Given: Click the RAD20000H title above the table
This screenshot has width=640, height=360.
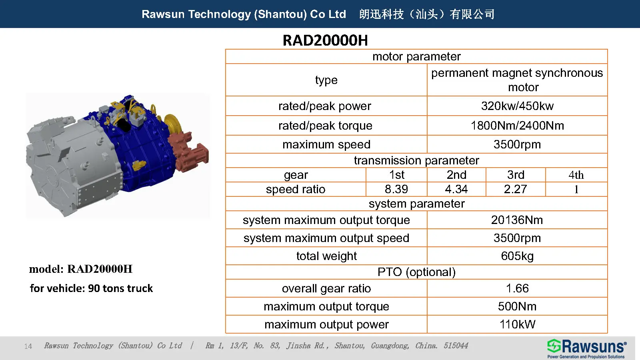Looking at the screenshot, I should [325, 40].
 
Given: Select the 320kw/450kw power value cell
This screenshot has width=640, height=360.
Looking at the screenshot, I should [517, 106].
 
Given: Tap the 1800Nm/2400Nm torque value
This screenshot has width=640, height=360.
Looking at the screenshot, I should [517, 126].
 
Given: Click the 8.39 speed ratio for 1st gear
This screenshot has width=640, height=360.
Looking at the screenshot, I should [396, 189].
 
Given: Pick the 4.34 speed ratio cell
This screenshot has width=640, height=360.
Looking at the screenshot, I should [456, 189].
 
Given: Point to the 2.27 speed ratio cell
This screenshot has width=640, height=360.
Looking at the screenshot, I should [516, 189].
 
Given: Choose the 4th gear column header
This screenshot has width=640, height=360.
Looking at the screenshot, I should [576, 175].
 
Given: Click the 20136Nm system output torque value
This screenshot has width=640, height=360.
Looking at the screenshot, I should [517, 220].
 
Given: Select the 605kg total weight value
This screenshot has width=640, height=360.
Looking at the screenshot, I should [517, 256].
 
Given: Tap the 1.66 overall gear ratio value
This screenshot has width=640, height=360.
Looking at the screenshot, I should [517, 288].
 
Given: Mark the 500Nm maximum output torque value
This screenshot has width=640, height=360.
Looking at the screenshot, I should [517, 306].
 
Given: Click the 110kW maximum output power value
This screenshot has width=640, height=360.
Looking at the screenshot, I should [517, 324].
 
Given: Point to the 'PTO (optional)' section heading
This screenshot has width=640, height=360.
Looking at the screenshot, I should [416, 272].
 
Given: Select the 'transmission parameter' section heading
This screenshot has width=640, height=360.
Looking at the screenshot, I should [416, 160].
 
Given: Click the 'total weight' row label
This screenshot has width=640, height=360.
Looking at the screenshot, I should [326, 256].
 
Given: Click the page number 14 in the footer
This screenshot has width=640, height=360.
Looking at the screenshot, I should [28, 346].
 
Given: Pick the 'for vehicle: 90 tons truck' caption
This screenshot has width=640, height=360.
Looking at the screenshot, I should [91, 288].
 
